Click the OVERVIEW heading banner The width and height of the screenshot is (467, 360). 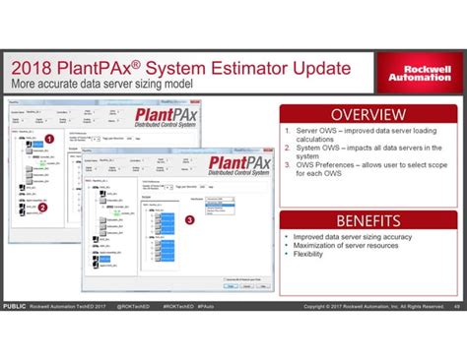[367, 114]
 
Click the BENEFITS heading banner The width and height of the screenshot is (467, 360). [367, 220]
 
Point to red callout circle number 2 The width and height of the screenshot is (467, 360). [42, 207]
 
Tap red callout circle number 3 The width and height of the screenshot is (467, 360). [189, 218]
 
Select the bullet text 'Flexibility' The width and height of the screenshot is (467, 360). [311, 254]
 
